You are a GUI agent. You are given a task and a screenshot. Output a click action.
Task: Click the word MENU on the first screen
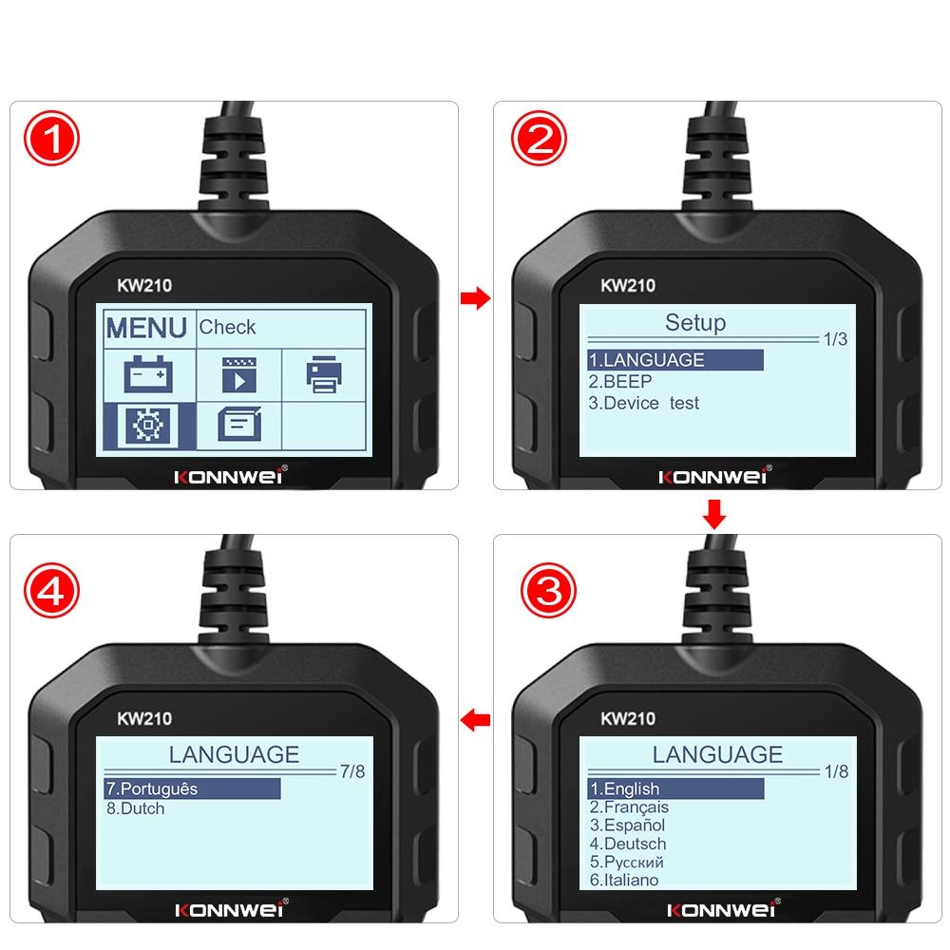(x=146, y=328)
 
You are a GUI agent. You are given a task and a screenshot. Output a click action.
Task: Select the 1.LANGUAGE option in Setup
(x=647, y=360)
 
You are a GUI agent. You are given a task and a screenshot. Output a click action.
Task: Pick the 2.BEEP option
(x=620, y=382)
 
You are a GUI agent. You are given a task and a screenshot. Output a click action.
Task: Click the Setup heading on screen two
(x=694, y=323)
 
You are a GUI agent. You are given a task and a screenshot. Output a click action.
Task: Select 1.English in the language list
(x=625, y=788)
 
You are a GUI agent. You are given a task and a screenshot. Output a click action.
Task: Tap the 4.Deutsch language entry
(x=628, y=844)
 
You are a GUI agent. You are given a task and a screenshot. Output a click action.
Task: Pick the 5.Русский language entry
(x=626, y=862)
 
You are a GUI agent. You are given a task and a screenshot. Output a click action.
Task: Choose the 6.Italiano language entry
(x=623, y=880)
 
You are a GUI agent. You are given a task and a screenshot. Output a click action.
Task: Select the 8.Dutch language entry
(x=136, y=809)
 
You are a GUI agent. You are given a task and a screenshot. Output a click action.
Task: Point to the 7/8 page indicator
(x=351, y=771)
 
